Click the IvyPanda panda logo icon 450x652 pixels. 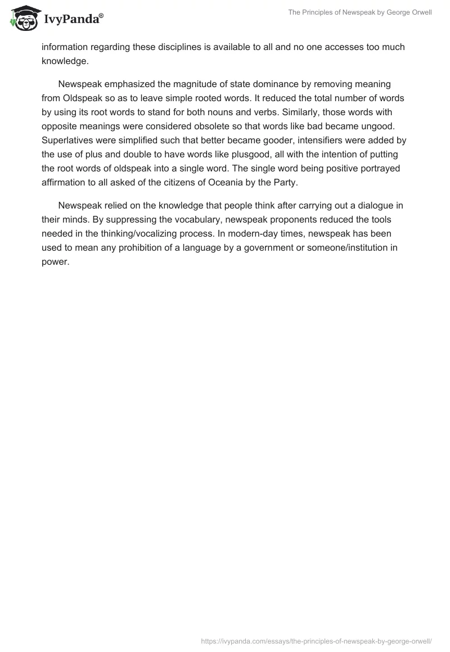[24, 19]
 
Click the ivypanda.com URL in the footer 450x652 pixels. [316, 640]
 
